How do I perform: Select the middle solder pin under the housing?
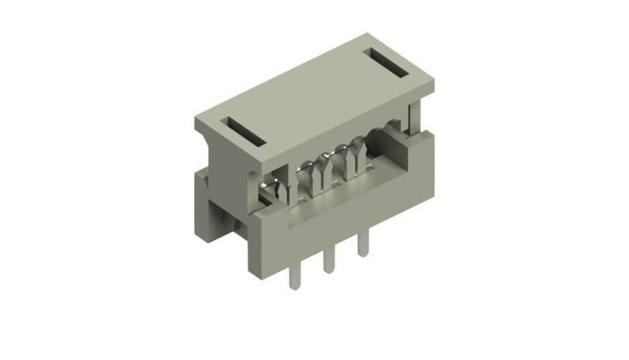click(x=327, y=261)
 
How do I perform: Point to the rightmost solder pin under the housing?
click(x=362, y=245)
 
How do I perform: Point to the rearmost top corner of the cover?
click(x=366, y=34)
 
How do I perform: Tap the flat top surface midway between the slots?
click(x=314, y=98)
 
